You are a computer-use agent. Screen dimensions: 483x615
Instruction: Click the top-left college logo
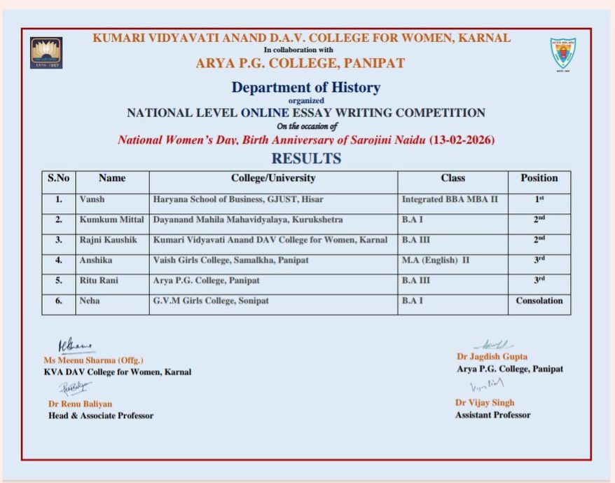(46, 53)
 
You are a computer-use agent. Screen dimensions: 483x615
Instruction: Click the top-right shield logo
(562, 54)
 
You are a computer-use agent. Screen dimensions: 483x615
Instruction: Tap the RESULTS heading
(306, 158)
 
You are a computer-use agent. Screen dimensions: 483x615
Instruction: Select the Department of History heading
(306, 88)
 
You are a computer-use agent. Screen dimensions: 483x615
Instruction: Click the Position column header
(539, 178)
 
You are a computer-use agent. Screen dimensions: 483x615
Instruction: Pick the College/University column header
(273, 178)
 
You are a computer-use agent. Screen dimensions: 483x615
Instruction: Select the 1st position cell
(539, 199)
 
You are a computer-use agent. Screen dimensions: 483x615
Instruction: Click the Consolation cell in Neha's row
(539, 301)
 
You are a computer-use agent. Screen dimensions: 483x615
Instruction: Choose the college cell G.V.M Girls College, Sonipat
(211, 301)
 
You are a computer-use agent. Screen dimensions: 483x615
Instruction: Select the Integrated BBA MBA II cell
(450, 199)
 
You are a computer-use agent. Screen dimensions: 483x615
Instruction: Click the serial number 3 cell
(59, 240)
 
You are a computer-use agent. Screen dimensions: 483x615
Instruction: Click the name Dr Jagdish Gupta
(492, 357)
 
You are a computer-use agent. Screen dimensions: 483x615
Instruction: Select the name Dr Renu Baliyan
(80, 404)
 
